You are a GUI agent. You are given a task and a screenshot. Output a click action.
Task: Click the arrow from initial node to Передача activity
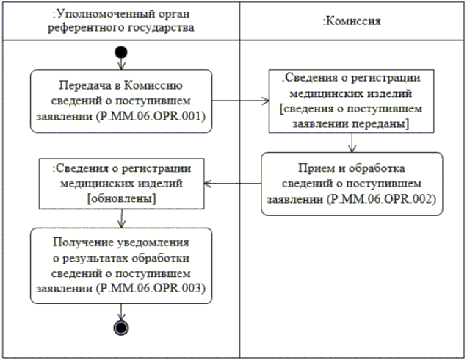(121, 64)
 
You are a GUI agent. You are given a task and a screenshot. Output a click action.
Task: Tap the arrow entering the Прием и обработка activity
(352, 145)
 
